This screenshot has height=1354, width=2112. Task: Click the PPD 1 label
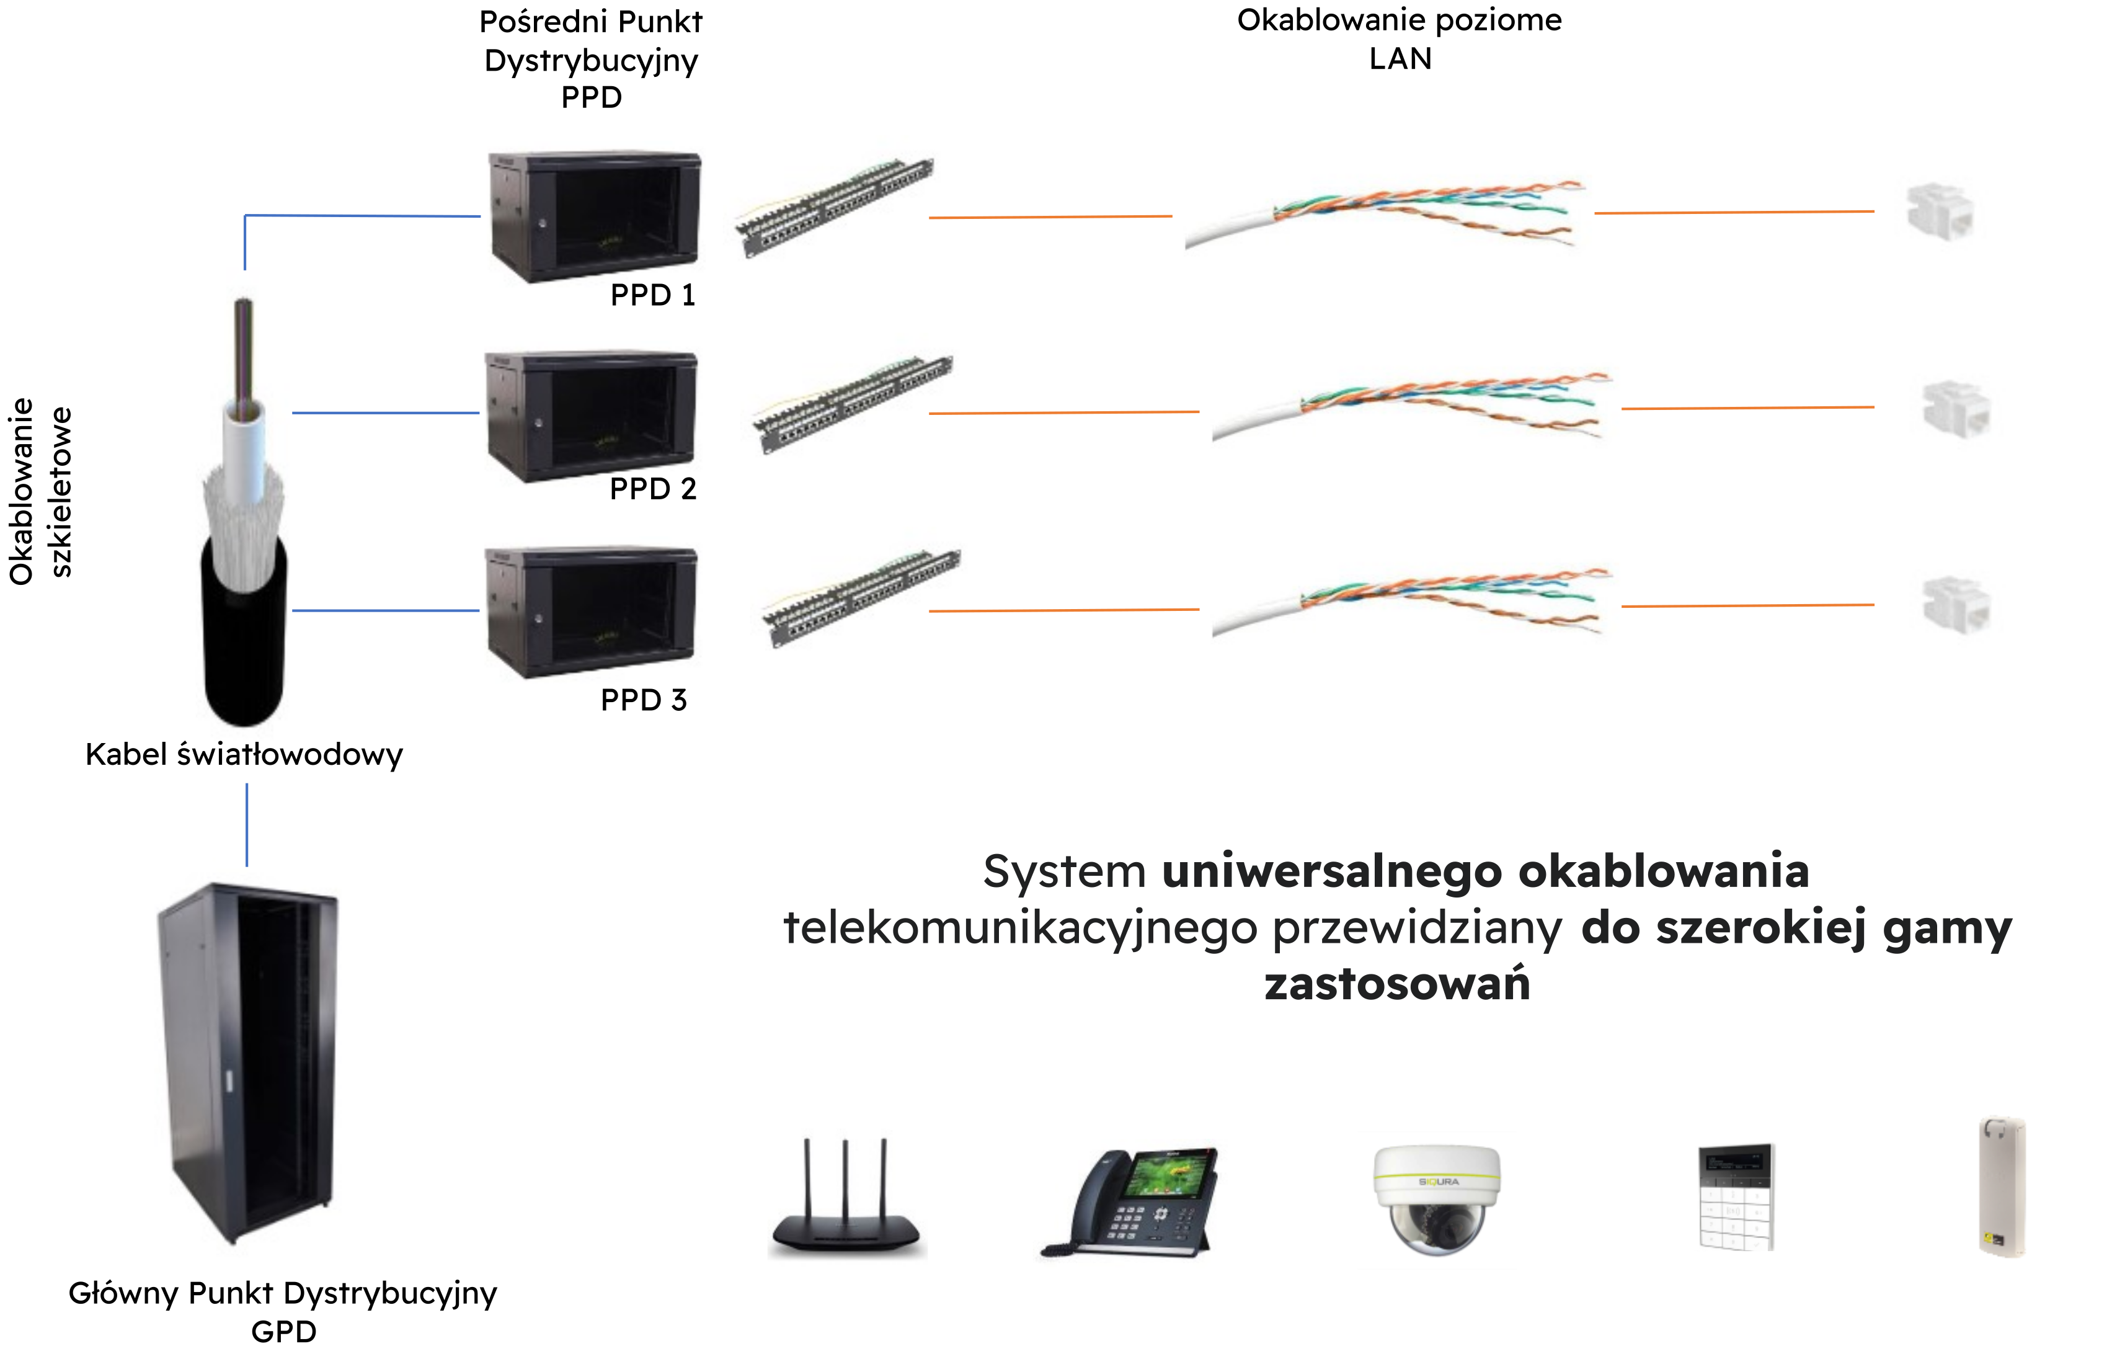coord(652,295)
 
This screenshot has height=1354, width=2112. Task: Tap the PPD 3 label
coord(644,701)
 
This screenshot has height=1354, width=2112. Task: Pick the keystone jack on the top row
coord(1940,213)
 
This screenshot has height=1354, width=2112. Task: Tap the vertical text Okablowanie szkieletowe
coord(40,491)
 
